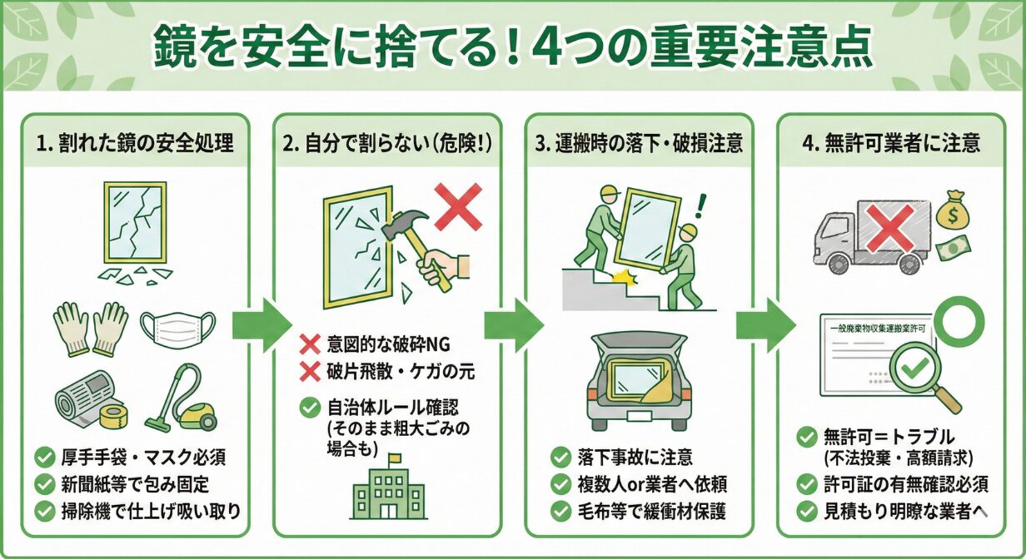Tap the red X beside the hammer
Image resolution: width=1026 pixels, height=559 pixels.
[457, 206]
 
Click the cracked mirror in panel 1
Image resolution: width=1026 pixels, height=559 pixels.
[134, 222]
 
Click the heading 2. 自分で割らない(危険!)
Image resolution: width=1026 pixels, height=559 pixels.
[388, 142]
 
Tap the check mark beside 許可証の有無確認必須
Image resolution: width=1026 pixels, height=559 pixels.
[806, 484]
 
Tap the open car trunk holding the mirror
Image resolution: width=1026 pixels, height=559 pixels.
[638, 374]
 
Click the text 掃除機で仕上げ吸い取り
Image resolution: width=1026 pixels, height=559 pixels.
[150, 510]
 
